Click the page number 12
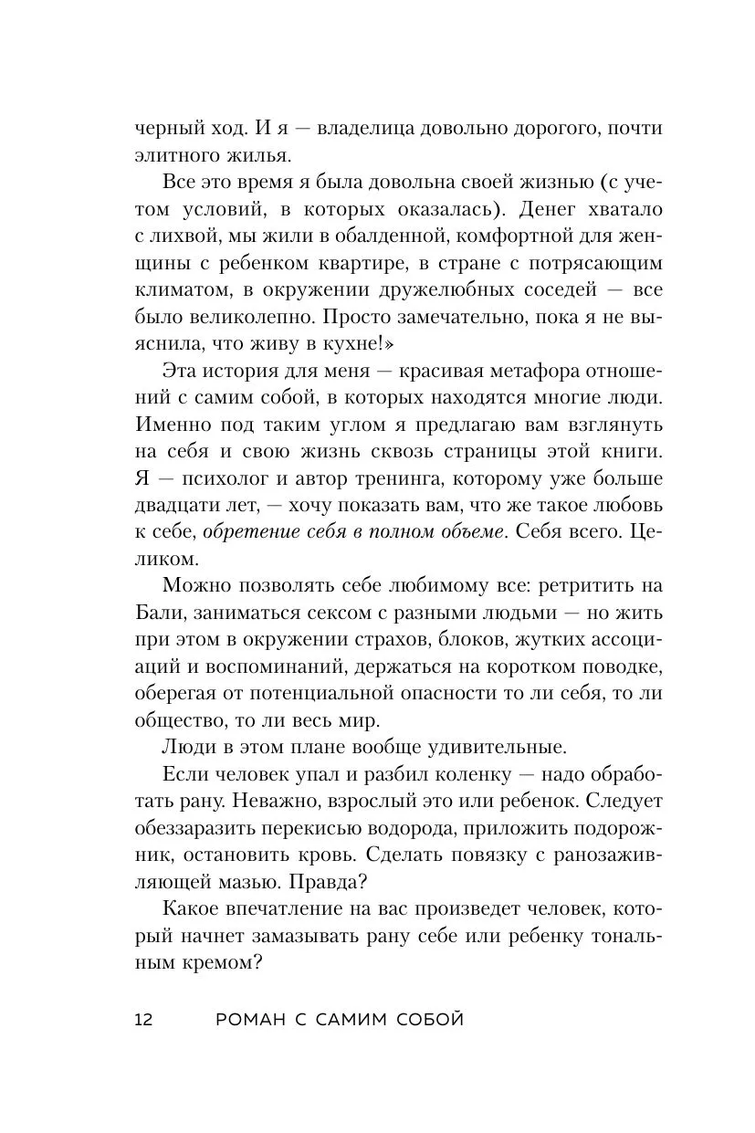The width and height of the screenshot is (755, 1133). [x=143, y=1020]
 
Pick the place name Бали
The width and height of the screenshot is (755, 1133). [x=158, y=611]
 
